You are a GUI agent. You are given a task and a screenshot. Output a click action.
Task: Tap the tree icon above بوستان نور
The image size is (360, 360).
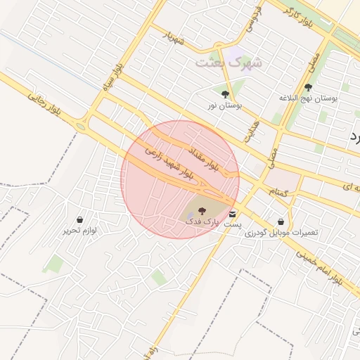pos(225,94)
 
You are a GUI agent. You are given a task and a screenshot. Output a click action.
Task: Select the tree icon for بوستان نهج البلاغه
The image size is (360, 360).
pos(308,87)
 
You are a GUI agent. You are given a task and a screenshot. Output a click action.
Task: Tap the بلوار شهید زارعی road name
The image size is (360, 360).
pos(168,161)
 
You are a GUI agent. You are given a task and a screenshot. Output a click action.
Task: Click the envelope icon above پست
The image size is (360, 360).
pos(232,213)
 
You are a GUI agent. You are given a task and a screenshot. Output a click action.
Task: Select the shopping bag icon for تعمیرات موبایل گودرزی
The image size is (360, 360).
pos(281,221)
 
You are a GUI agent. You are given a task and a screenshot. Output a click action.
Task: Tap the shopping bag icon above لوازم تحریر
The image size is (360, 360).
pos(79,219)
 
